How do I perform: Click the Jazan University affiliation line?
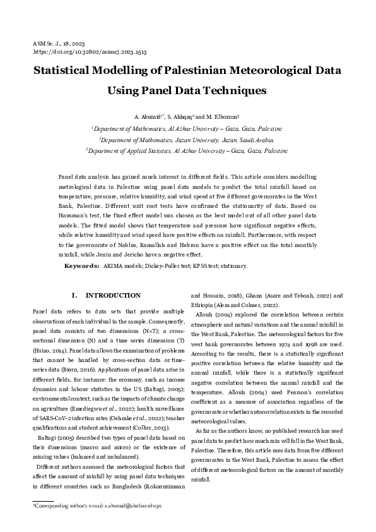click(x=187, y=139)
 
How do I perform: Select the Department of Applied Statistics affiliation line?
click(x=187, y=151)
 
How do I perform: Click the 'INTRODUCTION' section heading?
click(x=113, y=295)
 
